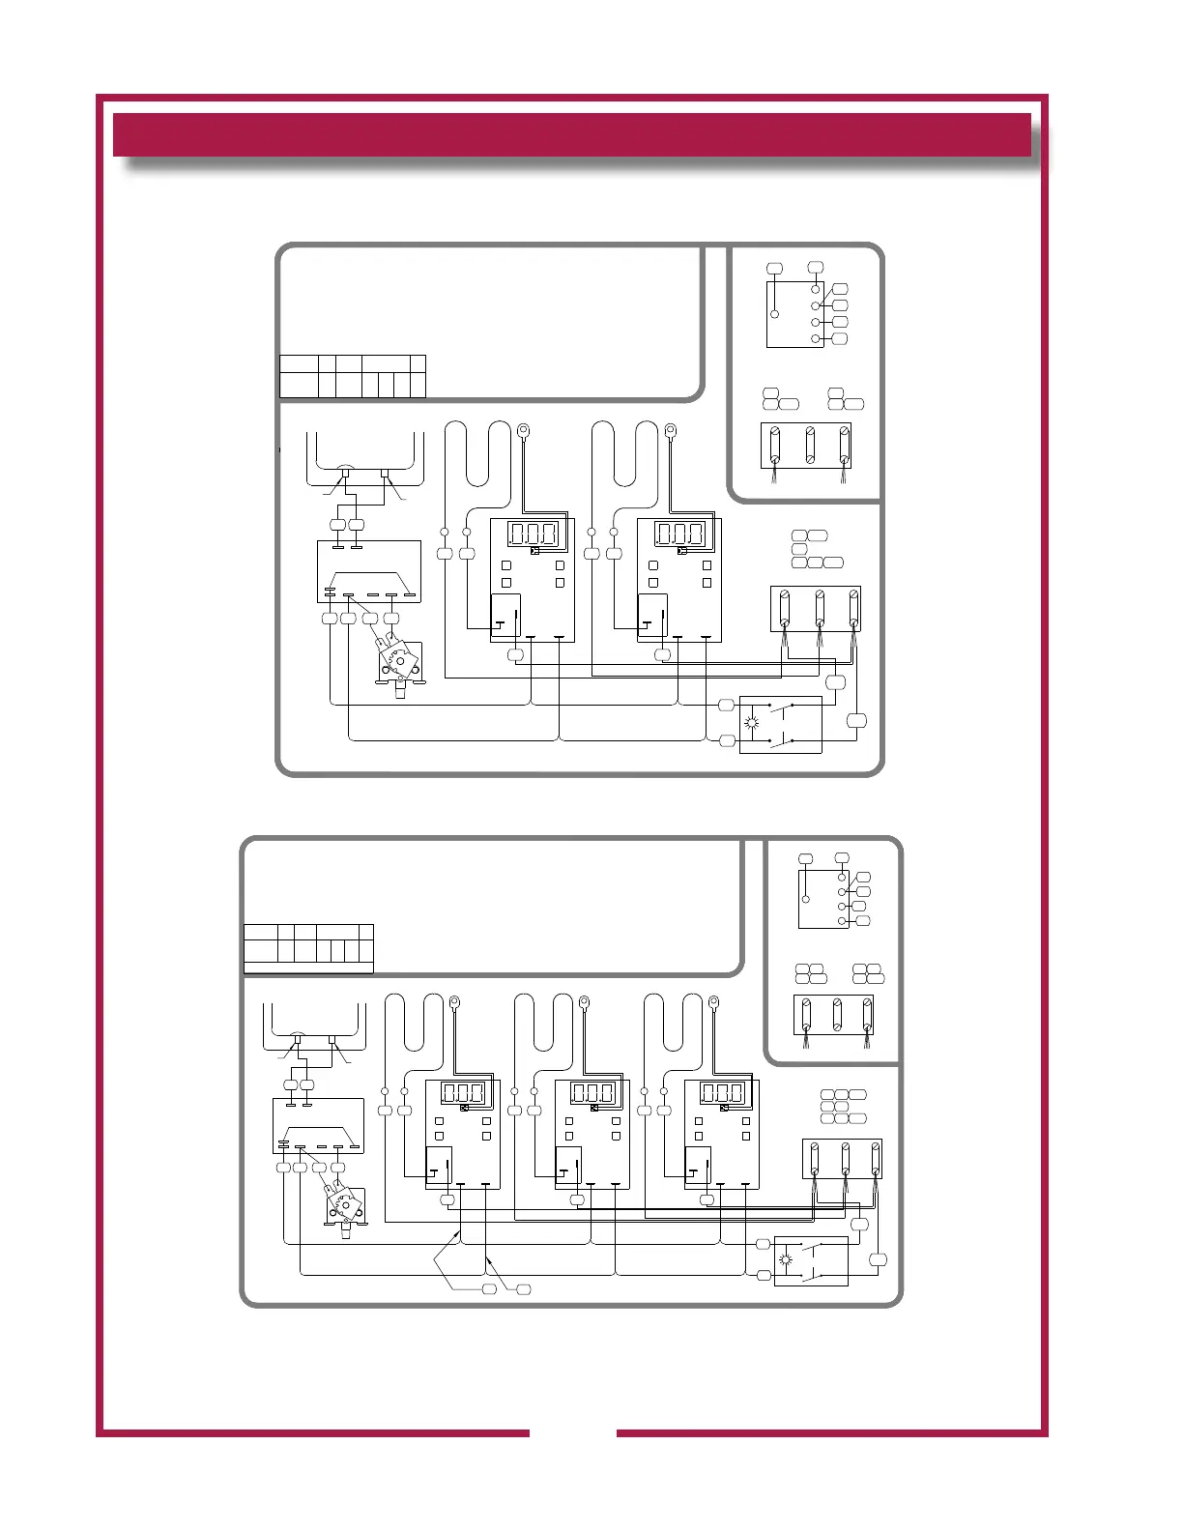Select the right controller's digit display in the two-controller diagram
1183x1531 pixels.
[x=680, y=534]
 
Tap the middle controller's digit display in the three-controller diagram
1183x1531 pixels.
[x=592, y=1093]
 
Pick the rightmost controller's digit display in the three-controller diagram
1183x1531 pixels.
[x=722, y=1093]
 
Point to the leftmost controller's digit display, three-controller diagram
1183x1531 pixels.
[x=463, y=1093]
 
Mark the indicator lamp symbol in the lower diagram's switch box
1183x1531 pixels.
[x=786, y=1259]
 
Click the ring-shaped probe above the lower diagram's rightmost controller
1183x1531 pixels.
[x=714, y=1001]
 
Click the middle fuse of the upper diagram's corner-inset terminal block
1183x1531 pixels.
[x=810, y=446]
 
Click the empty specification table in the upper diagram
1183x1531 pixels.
[x=352, y=376]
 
